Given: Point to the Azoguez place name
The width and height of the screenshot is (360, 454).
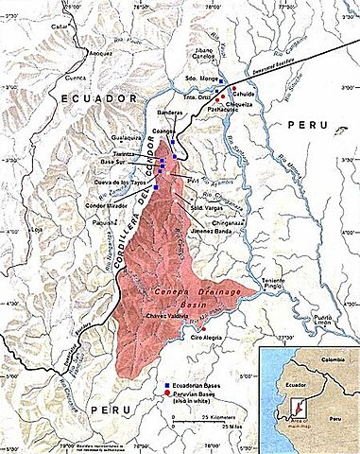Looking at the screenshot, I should tap(102, 53).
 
